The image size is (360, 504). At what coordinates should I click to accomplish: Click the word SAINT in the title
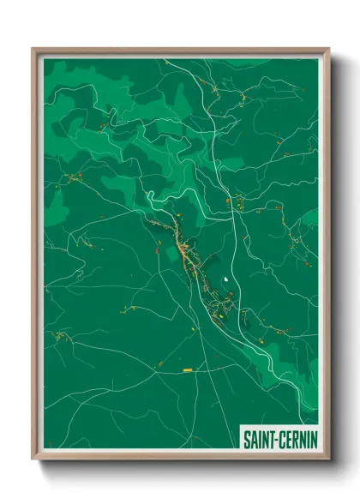[x=258, y=438]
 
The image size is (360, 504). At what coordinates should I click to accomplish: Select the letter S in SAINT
[x=245, y=438]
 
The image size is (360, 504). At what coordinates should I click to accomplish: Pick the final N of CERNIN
[x=313, y=438]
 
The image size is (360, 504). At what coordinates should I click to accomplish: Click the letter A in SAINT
[x=252, y=438]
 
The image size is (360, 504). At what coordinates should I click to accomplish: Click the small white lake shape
[x=225, y=279]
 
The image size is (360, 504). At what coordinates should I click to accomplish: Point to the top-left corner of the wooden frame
[x=33, y=50]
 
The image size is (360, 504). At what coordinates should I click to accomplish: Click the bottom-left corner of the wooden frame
[x=33, y=459]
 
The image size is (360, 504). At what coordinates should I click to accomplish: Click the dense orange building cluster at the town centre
[x=183, y=249]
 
